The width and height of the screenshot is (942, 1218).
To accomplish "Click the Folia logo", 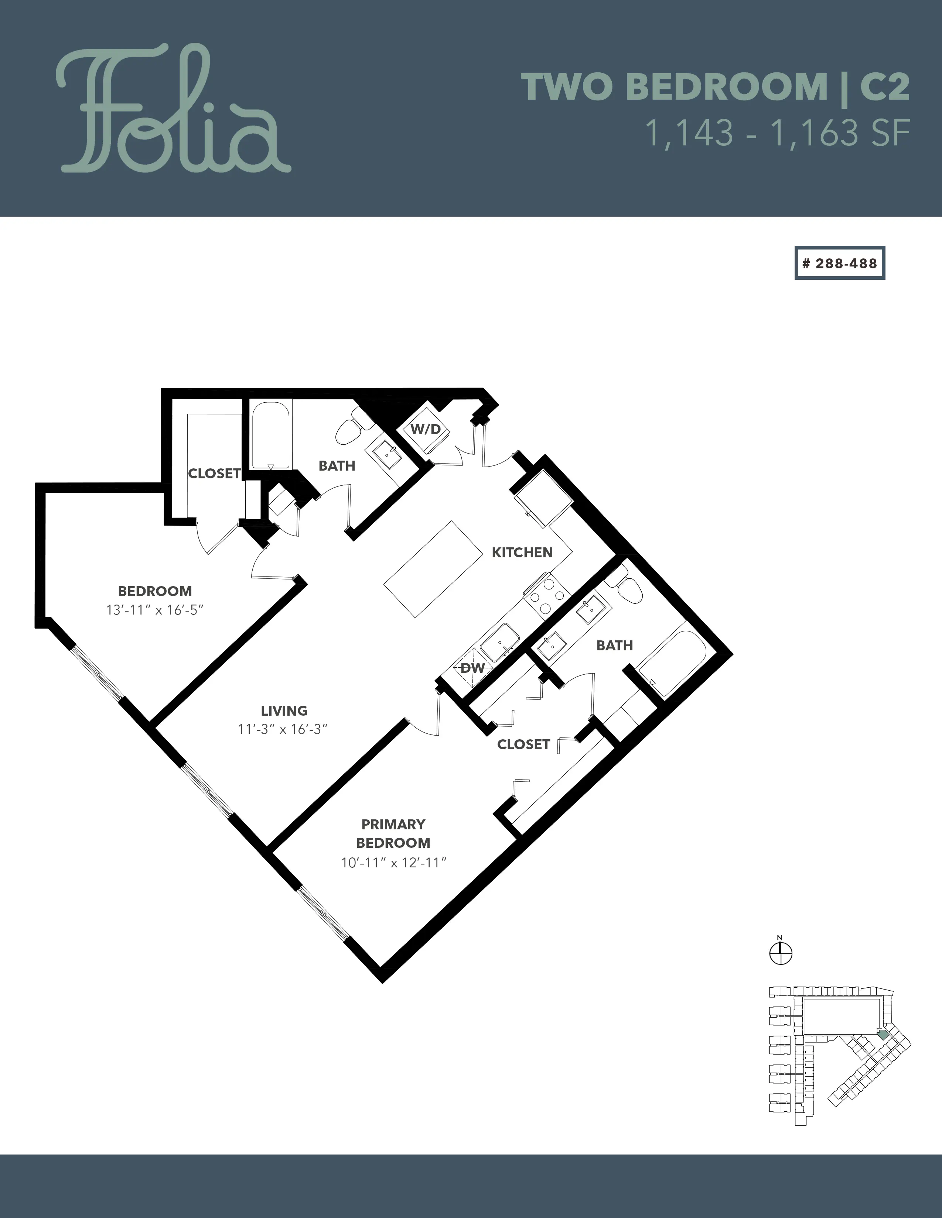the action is (x=173, y=109).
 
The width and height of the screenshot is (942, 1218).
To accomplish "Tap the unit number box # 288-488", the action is (x=840, y=263).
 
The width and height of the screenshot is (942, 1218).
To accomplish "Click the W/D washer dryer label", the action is (x=426, y=429).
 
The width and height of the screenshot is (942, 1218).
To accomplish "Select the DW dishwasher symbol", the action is (x=472, y=668).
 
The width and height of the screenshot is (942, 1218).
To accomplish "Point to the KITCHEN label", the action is (x=522, y=552).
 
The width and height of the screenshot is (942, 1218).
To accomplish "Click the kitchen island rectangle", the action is (x=434, y=569).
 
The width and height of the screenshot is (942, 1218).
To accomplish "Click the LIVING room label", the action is (x=284, y=710).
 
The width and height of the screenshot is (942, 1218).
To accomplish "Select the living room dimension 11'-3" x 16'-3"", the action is (x=282, y=729).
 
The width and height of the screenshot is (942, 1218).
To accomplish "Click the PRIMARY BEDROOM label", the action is (x=393, y=833).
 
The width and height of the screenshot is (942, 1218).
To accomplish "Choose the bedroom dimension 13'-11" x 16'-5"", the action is (x=154, y=610).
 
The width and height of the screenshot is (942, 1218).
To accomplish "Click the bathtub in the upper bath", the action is (x=271, y=436).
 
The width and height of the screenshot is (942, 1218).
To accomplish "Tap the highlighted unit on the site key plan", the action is (x=882, y=1034).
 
